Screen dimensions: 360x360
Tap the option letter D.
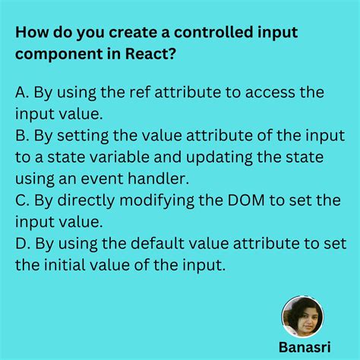tap(20, 243)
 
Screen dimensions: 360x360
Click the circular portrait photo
tap(302, 316)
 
